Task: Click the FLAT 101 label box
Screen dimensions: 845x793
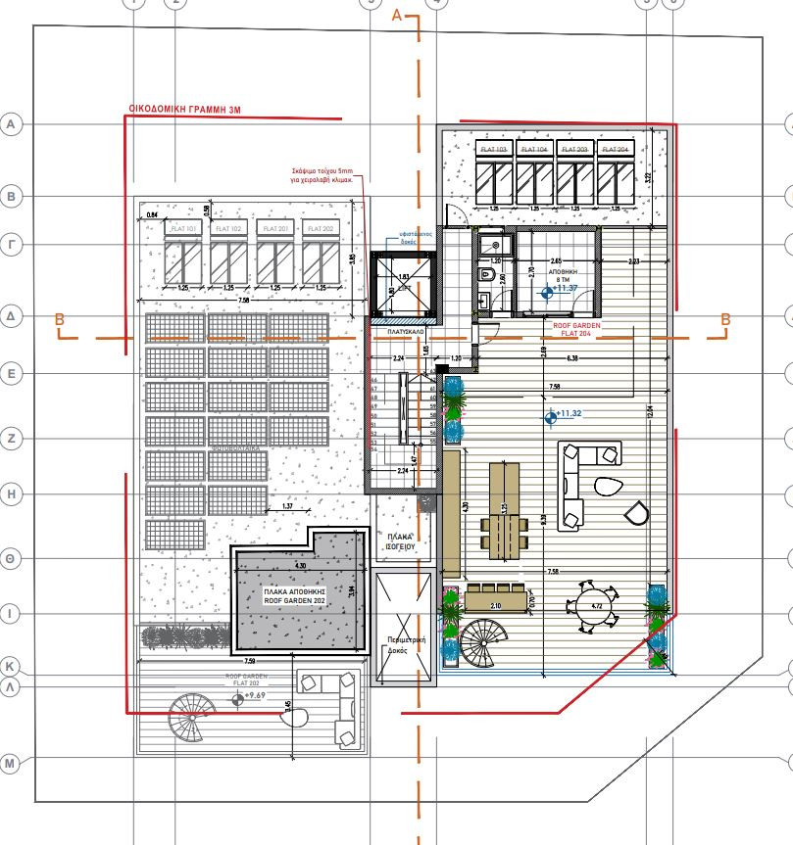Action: coord(184,228)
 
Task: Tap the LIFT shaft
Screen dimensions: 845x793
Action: coord(401,287)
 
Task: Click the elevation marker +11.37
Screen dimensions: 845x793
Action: coord(548,291)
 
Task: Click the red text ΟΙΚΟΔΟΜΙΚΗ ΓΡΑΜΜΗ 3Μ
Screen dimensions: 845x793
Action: coord(185,111)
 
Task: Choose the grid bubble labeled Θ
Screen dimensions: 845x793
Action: coord(12,559)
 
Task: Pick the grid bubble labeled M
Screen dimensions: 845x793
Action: coord(12,763)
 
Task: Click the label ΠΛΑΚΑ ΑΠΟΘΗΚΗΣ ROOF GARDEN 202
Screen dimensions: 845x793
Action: coord(294,597)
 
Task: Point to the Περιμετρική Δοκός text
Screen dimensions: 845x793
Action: coord(401,652)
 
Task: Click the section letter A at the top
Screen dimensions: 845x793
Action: coord(397,15)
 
